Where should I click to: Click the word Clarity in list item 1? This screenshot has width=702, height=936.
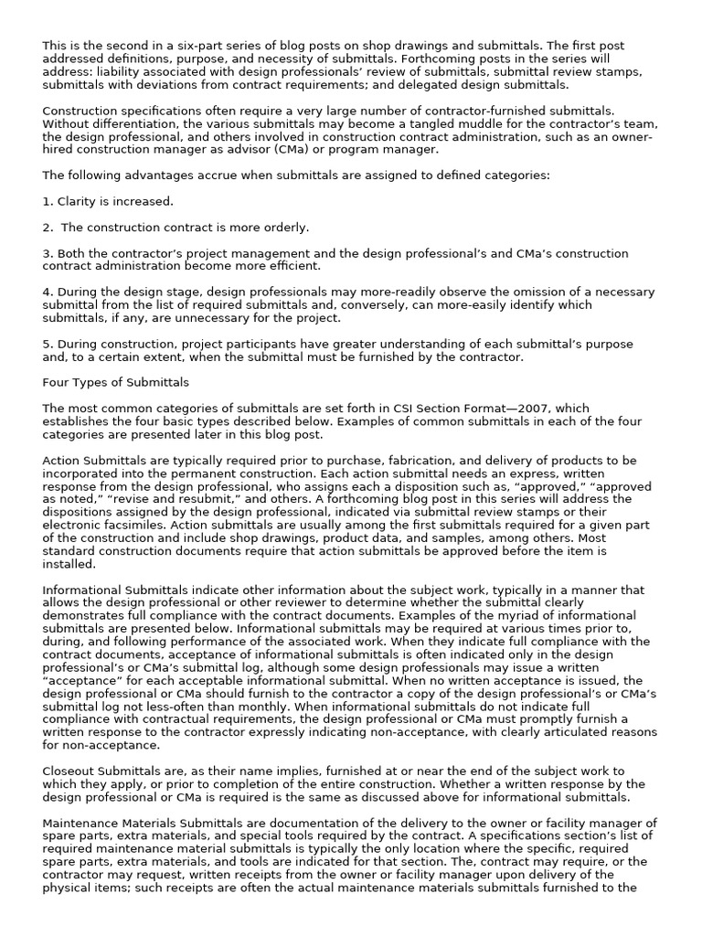(79, 201)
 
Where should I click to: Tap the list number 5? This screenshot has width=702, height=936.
(47, 344)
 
